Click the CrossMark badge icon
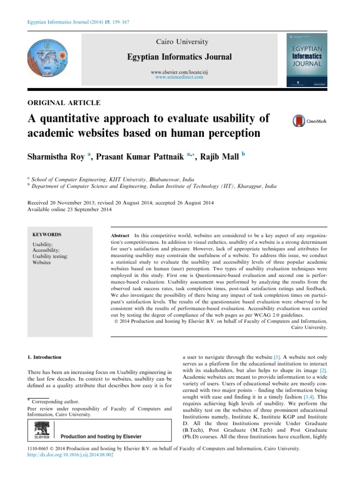tap(309, 121)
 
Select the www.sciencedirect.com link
tap(180, 77)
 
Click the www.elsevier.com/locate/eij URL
tap(180, 72)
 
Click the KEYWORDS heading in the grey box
tap(46, 234)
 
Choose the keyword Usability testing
tap(50, 256)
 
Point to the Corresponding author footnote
tap(55, 402)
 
